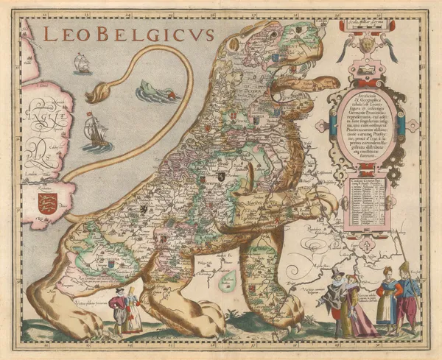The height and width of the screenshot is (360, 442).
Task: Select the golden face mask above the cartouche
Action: click(x=366, y=44)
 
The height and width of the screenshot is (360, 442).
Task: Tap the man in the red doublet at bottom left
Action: click(x=118, y=310)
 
